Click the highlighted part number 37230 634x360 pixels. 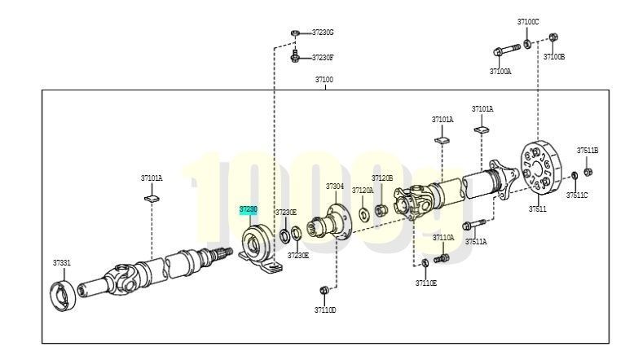249,209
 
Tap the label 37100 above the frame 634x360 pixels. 324,80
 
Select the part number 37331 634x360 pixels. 61,262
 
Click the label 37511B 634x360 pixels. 588,151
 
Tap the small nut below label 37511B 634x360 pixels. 588,172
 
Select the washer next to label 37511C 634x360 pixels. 575,176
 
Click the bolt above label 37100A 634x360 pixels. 507,50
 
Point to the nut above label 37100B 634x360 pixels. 553,37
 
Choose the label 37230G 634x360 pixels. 323,33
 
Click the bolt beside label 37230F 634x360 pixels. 295,56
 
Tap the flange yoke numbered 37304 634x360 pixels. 329,223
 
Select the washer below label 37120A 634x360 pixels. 364,214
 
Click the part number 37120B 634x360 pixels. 382,178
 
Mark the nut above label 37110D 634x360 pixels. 324,291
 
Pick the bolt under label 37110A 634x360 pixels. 442,258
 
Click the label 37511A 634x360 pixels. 476,242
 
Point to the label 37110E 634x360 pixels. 426,283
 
